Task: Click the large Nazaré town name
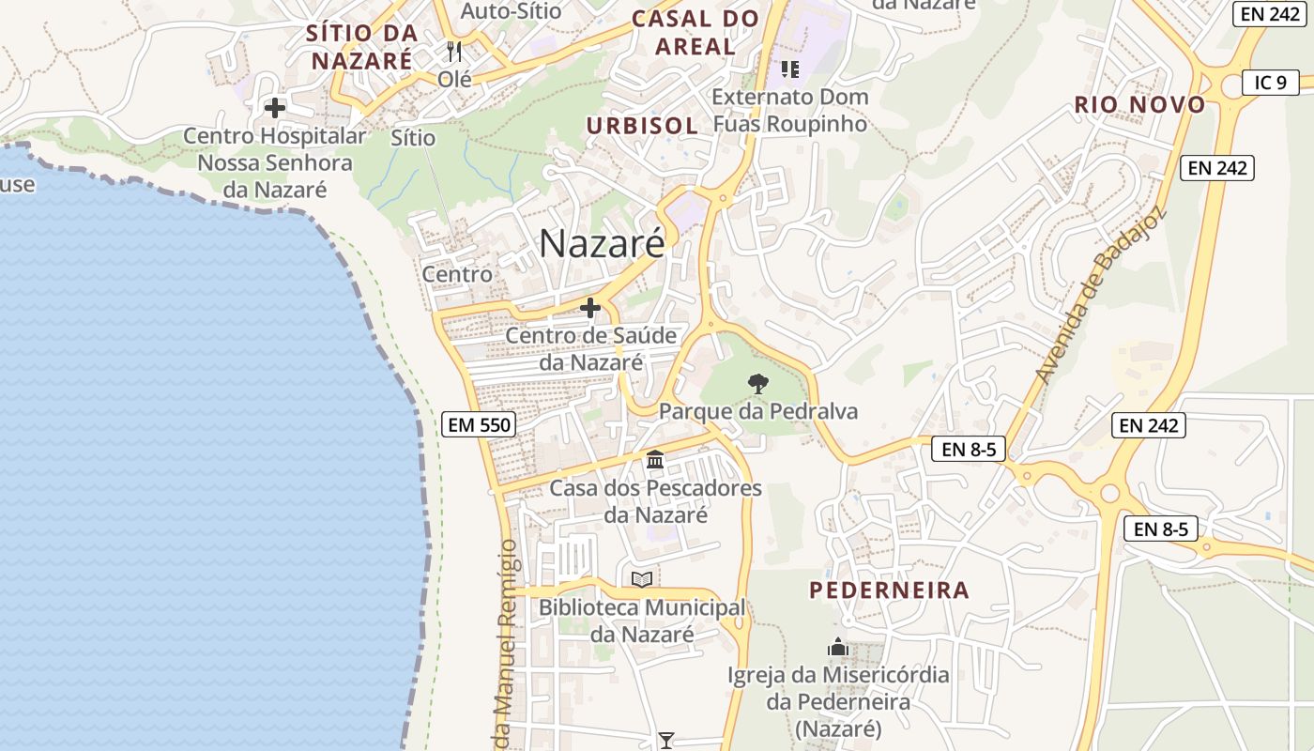[x=602, y=244]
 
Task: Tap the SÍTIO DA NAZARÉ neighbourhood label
[x=361, y=47]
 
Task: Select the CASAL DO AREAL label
[x=695, y=32]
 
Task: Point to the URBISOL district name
[x=642, y=126]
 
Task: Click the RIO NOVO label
[x=1139, y=105]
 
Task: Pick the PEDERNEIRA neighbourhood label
[x=889, y=590]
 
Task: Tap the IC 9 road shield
[x=1270, y=83]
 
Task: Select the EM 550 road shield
[x=479, y=425]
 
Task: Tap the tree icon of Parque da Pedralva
[x=757, y=383]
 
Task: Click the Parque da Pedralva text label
[x=757, y=411]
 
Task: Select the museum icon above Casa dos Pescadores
[x=655, y=460]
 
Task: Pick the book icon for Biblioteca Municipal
[x=642, y=580]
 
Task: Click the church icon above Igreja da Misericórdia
[x=838, y=647]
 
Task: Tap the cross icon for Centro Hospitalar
[x=275, y=108]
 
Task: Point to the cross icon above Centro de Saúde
[x=590, y=307]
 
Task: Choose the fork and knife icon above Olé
[x=455, y=51]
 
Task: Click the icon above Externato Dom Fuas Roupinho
[x=790, y=69]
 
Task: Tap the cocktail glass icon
[x=665, y=741]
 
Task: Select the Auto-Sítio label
[x=512, y=11]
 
